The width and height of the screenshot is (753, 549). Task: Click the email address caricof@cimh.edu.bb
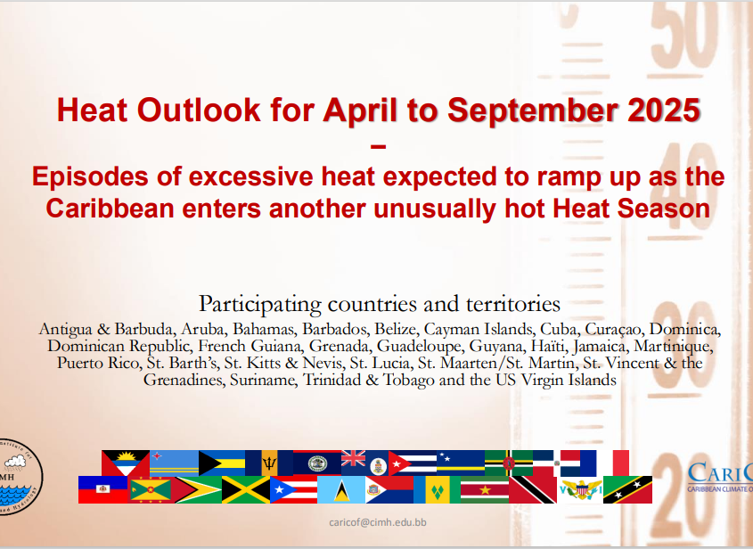378,522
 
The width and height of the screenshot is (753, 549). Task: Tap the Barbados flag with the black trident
269,463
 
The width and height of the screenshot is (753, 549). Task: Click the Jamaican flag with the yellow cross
246,490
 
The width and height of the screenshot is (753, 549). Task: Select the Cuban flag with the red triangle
413,463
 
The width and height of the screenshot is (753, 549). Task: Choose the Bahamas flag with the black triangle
222,463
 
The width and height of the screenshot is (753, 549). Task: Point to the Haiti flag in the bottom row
102,489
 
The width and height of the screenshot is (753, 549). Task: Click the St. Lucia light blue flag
341,490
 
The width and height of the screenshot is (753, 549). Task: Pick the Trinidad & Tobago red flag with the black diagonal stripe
533,490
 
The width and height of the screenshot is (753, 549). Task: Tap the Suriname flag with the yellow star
485,490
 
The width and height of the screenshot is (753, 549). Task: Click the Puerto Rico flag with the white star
293,490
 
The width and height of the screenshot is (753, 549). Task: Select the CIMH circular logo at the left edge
20,477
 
